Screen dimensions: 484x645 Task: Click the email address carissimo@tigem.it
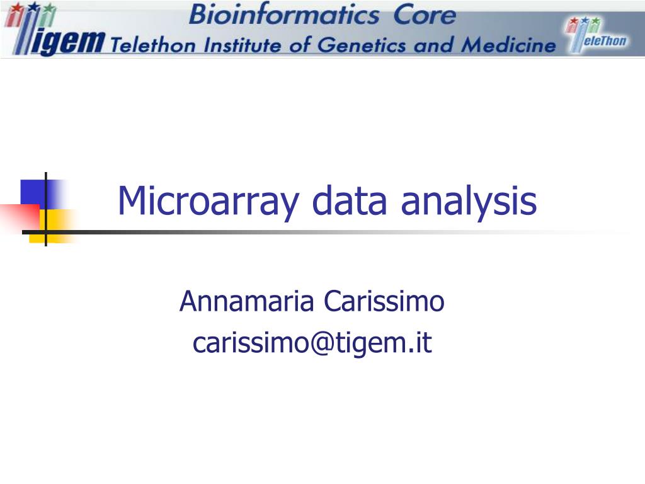pyautogui.click(x=312, y=343)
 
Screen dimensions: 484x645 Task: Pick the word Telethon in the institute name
pyautogui.click(x=149, y=45)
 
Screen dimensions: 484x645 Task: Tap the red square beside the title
pyautogui.click(x=19, y=217)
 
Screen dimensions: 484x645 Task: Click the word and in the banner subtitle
pyautogui.click(x=438, y=45)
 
